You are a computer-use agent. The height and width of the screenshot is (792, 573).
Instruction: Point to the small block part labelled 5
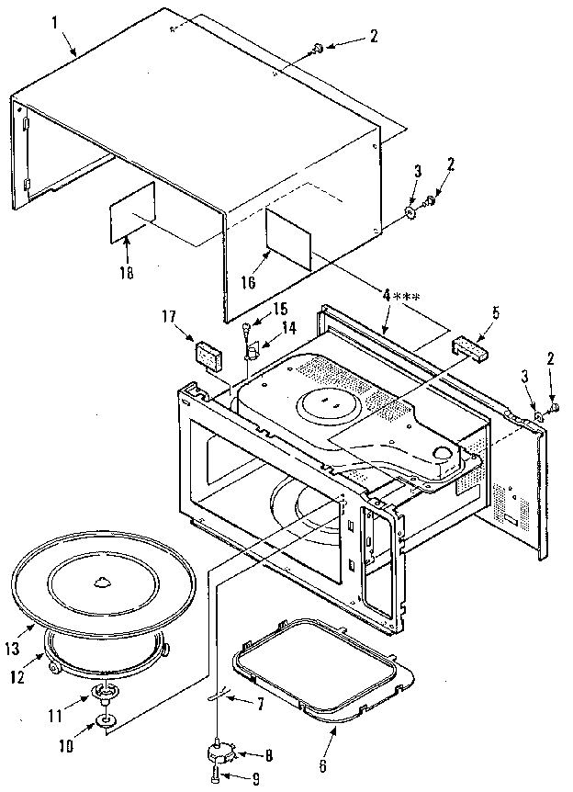click(x=469, y=347)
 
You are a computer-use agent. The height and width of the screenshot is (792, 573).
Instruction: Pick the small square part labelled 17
click(x=207, y=354)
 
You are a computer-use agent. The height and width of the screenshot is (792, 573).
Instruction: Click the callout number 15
click(x=280, y=310)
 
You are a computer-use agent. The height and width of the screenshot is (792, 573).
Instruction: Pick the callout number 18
click(x=126, y=273)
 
